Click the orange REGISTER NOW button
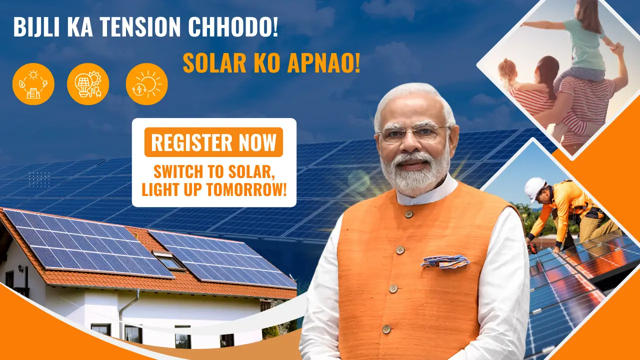[x=213, y=142]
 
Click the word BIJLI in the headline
[x=36, y=27]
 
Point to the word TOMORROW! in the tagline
[x=246, y=189]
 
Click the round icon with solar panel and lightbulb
[x=88, y=84]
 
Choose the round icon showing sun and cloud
[x=147, y=84]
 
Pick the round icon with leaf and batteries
[x=33, y=84]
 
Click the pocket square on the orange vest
[x=445, y=261]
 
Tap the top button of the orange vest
[x=409, y=214]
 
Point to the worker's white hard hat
[x=534, y=188]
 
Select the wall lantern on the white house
[x=20, y=268]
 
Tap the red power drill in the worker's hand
[x=532, y=249]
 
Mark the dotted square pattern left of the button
[x=39, y=179]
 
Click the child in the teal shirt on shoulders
[x=583, y=40]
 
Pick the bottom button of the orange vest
[x=386, y=329]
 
